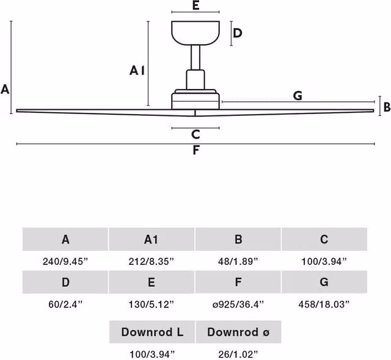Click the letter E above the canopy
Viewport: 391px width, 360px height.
click(x=195, y=5)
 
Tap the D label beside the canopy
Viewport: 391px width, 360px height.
click(x=238, y=33)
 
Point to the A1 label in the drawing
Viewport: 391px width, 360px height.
click(x=137, y=71)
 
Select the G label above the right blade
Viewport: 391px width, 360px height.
click(x=298, y=96)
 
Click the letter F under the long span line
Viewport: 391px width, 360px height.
click(x=196, y=150)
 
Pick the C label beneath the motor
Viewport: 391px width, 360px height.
click(x=195, y=134)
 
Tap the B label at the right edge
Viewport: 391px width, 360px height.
click(x=387, y=107)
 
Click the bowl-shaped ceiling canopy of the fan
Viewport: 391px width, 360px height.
click(x=195, y=33)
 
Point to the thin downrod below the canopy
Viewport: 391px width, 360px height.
click(x=195, y=57)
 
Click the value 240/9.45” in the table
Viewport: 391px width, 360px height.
click(x=65, y=261)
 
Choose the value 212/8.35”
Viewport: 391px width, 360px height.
click(x=152, y=261)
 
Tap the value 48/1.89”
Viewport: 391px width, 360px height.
click(x=238, y=261)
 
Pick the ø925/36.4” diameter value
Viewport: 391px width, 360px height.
click(x=238, y=304)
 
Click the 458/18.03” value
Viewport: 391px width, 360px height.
click(x=324, y=304)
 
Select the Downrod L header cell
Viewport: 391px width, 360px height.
click(x=152, y=332)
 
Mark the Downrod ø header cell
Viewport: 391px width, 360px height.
click(x=238, y=332)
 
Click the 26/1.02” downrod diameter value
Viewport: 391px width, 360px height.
click(x=238, y=354)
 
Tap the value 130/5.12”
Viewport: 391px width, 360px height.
click(x=152, y=304)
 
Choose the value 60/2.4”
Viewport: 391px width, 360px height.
click(x=65, y=304)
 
